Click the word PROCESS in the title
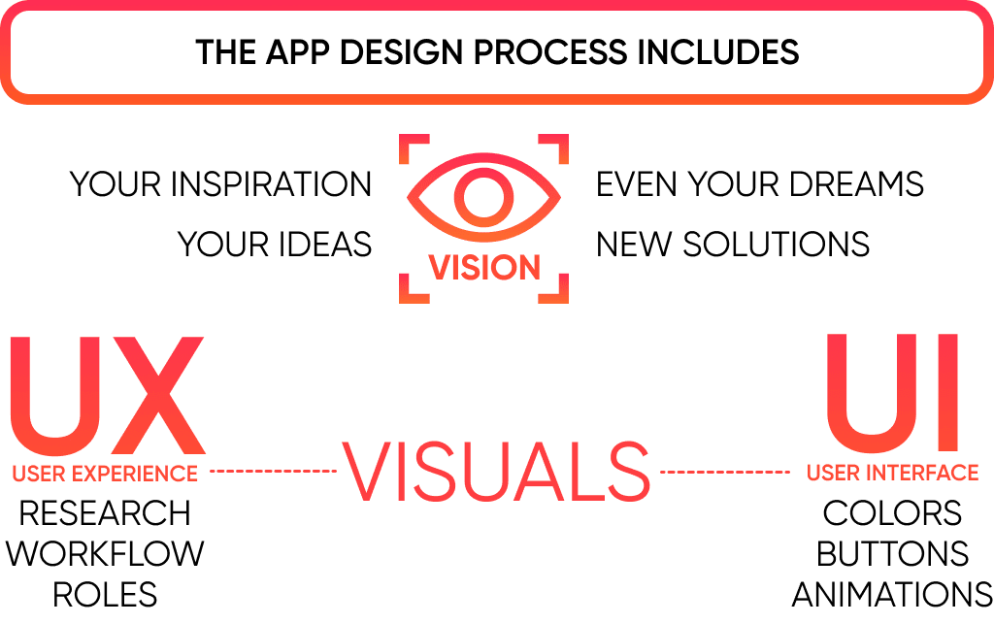pos(571,51)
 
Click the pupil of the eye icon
pos(483,197)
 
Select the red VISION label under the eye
pos(484,268)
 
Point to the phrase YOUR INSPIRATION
pos(221,184)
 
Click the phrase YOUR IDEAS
pos(275,245)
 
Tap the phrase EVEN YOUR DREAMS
pos(760,184)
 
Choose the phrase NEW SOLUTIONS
pos(733,245)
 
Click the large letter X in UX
pos(156,398)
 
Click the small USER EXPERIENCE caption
pos(105,474)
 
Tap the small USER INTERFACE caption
pos(892,473)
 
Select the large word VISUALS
pos(496,474)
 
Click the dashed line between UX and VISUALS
pos(273,472)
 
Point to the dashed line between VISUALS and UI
pos(724,473)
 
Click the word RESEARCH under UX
pos(105,513)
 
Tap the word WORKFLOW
pos(105,554)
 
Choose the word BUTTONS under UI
pos(892,554)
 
